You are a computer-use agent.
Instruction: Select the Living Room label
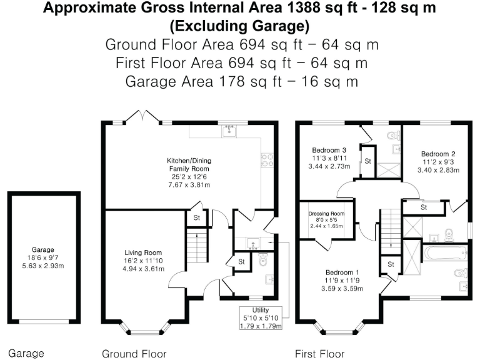(143, 261)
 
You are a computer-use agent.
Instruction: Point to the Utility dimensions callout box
(261, 317)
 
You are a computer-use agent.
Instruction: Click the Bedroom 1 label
(342, 281)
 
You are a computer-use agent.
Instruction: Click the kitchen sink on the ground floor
(229, 131)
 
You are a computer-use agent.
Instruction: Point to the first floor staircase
(390, 228)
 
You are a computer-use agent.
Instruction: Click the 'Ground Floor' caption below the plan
(134, 354)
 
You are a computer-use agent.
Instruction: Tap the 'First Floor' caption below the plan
(319, 354)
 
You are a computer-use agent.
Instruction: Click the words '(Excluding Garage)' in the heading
(240, 26)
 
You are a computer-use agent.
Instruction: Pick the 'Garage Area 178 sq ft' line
(240, 81)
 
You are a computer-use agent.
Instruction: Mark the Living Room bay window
(145, 328)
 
